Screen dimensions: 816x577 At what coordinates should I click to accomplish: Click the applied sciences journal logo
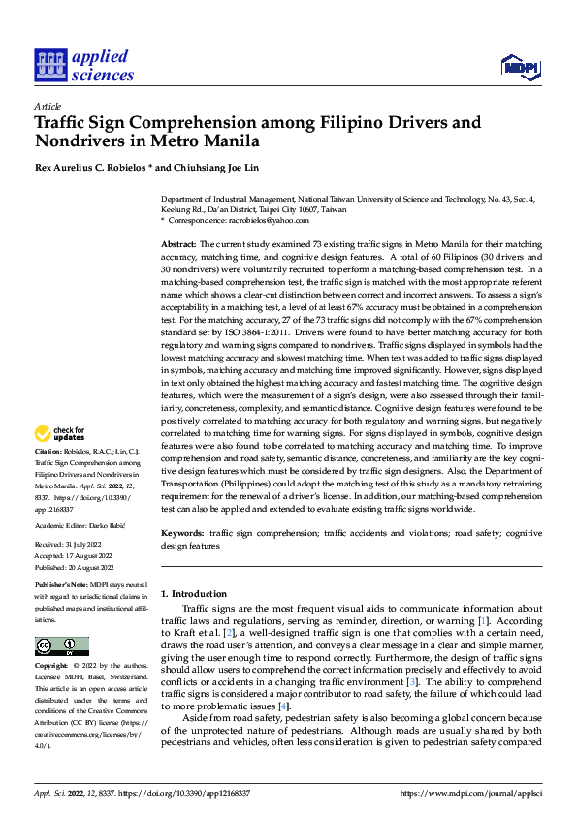[x=84, y=66]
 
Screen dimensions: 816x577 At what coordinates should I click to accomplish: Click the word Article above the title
[x=48, y=106]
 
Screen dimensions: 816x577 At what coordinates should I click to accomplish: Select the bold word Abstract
[x=178, y=245]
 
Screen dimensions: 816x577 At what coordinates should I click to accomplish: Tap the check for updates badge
[x=62, y=433]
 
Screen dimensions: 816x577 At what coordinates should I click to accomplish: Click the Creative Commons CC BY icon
[x=61, y=646]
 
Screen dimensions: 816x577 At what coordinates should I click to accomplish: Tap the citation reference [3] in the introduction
[x=412, y=681]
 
